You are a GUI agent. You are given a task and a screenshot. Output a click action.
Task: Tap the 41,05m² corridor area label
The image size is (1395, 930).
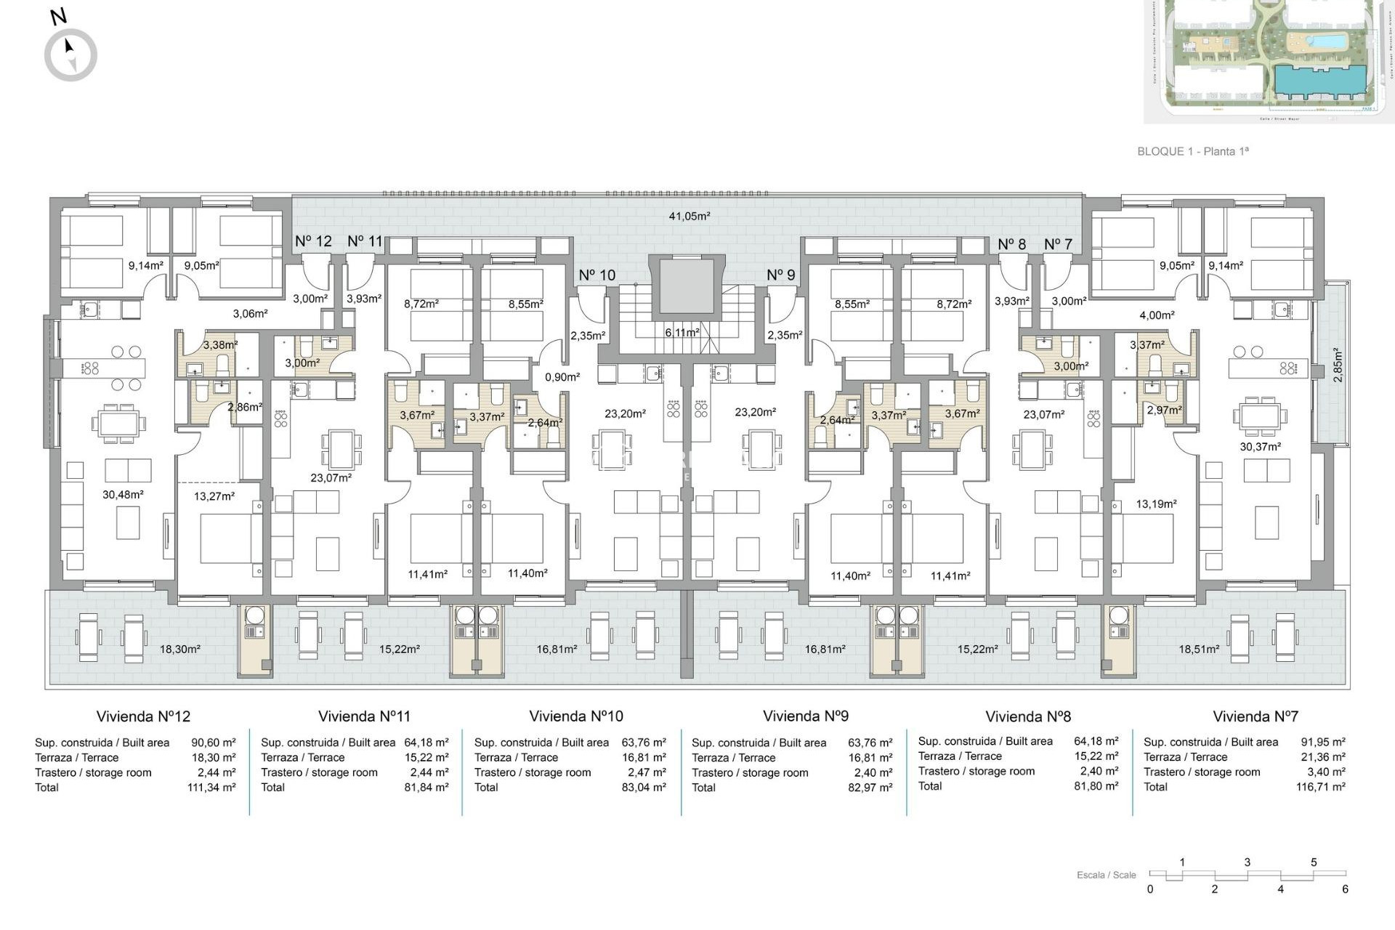(x=689, y=216)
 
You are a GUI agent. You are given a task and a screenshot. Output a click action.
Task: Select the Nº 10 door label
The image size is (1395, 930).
(x=597, y=275)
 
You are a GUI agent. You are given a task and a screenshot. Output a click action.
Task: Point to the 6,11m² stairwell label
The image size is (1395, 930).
(x=682, y=332)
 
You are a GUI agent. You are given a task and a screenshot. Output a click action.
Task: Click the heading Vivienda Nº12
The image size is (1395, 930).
(x=143, y=716)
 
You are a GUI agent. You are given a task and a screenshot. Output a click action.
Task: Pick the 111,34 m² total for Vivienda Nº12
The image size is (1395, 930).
(x=211, y=788)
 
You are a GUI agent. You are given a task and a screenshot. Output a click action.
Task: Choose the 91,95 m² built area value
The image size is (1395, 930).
(x=1322, y=742)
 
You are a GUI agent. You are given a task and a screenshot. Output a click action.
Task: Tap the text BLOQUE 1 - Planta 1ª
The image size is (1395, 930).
(x=1192, y=151)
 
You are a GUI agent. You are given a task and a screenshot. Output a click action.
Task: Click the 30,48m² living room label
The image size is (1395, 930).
(x=123, y=495)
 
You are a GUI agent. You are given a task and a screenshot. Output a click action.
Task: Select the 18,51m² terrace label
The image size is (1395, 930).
(x=1198, y=650)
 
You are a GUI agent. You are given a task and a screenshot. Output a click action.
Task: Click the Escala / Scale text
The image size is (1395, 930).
(x=1106, y=875)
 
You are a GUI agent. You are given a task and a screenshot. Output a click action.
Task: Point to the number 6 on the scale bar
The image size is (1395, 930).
(x=1345, y=889)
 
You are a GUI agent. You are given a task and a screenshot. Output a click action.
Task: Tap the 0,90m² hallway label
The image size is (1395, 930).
(x=562, y=377)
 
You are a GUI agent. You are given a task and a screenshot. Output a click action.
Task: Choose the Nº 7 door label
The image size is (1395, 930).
(x=1057, y=244)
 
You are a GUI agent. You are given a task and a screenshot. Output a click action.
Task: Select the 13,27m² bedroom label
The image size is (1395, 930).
(x=214, y=497)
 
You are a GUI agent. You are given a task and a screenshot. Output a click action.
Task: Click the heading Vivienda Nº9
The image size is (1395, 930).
(x=805, y=716)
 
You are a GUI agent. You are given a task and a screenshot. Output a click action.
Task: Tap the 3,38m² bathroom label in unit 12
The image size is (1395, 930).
(x=220, y=345)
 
